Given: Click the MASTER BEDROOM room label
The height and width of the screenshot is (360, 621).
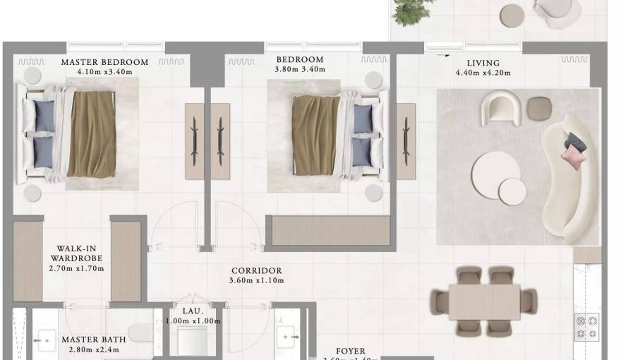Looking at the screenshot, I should (x=104, y=62).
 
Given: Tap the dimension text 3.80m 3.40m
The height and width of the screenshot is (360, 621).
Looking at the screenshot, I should (x=299, y=69).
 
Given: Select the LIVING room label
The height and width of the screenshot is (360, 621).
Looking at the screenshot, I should (x=483, y=63).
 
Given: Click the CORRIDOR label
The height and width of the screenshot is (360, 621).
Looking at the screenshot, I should (x=256, y=270).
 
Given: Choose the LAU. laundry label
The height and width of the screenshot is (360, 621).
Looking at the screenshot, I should (x=192, y=311).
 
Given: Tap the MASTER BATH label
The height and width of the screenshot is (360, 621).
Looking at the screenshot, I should (x=89, y=340).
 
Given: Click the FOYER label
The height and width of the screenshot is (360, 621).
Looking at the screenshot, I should (x=351, y=352).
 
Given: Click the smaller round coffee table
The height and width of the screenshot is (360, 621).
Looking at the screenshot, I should (x=512, y=191).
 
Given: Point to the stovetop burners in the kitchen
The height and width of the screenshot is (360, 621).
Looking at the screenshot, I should (x=588, y=326).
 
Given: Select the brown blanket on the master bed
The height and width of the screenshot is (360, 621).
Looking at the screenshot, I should (x=92, y=134).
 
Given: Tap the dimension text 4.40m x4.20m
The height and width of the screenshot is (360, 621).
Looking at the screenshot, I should (x=483, y=73).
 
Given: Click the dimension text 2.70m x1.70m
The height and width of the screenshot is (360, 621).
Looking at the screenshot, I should (x=76, y=268).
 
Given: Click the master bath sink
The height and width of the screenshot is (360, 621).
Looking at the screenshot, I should (x=45, y=341).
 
